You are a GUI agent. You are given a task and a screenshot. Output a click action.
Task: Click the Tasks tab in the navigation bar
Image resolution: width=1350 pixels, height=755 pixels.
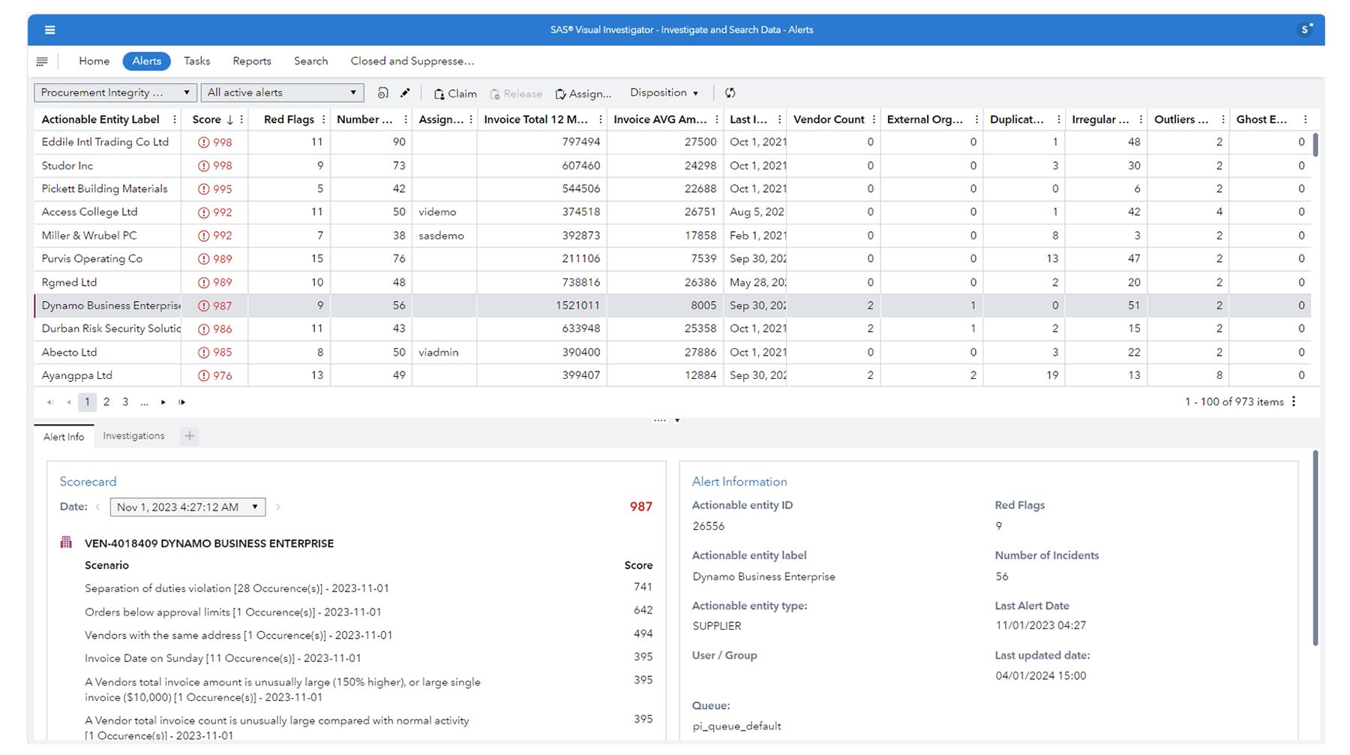pyautogui.click(x=196, y=62)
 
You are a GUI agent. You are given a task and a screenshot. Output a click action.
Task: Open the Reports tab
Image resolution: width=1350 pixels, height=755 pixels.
pyautogui.click(x=251, y=62)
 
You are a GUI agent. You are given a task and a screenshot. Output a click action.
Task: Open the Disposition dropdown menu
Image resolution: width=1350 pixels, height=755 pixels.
pyautogui.click(x=664, y=93)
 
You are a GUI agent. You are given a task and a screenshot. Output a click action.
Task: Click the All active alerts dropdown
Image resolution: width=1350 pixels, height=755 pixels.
pyautogui.click(x=282, y=93)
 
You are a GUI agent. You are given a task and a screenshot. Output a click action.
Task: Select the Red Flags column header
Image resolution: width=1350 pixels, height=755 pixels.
pyautogui.click(x=289, y=119)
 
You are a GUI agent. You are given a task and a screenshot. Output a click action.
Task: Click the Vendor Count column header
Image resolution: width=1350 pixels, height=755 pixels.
pyautogui.click(x=828, y=119)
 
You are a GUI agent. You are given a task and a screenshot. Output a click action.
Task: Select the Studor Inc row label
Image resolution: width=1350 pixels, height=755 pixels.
pyautogui.click(x=67, y=166)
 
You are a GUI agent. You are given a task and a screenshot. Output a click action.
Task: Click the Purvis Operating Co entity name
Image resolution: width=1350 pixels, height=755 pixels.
pyautogui.click(x=91, y=259)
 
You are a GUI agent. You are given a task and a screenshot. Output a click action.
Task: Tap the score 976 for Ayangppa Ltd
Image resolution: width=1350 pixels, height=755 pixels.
pyautogui.click(x=222, y=376)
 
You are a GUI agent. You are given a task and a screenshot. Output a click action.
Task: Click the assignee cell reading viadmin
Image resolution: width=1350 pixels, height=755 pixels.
pyautogui.click(x=438, y=352)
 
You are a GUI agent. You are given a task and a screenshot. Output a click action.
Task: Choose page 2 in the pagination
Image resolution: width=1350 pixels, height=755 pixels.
pyautogui.click(x=106, y=402)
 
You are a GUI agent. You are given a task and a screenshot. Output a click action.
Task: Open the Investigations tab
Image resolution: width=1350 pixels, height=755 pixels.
pyautogui.click(x=133, y=436)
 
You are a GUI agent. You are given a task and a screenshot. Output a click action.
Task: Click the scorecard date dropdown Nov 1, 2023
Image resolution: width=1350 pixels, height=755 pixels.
pyautogui.click(x=187, y=507)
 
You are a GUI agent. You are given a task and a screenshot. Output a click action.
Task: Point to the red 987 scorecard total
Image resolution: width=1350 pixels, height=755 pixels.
pyautogui.click(x=640, y=507)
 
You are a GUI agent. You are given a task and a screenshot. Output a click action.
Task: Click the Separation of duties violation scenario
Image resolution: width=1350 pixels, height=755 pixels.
pyautogui.click(x=236, y=588)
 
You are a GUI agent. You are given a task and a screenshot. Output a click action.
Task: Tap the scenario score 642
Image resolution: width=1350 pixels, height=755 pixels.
pyautogui.click(x=643, y=610)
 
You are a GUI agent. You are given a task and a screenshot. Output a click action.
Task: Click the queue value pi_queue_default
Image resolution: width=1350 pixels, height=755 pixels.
pyautogui.click(x=736, y=726)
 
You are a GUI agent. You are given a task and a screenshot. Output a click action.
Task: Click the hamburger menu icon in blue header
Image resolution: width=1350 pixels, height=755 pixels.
pyautogui.click(x=50, y=30)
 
